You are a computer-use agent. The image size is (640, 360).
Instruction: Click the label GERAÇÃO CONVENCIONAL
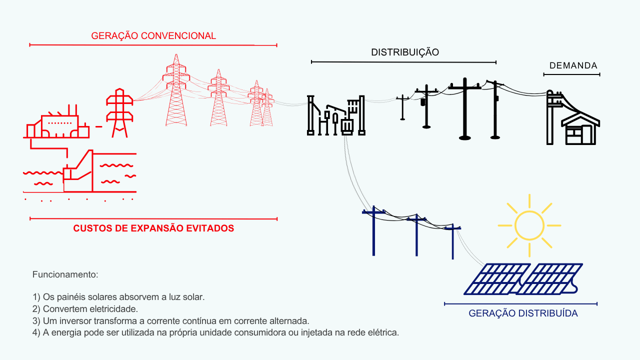click(153, 36)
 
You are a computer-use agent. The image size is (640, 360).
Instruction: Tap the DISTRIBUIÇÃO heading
click(405, 52)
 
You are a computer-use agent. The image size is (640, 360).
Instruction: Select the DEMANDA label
click(573, 66)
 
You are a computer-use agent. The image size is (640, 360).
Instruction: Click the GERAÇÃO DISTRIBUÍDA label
click(523, 313)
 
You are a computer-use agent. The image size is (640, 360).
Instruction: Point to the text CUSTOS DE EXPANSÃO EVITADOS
click(153, 228)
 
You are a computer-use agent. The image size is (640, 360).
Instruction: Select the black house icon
click(580, 129)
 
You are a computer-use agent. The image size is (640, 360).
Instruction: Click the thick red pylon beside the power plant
click(119, 112)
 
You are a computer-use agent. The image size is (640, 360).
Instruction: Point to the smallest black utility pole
click(402, 107)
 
